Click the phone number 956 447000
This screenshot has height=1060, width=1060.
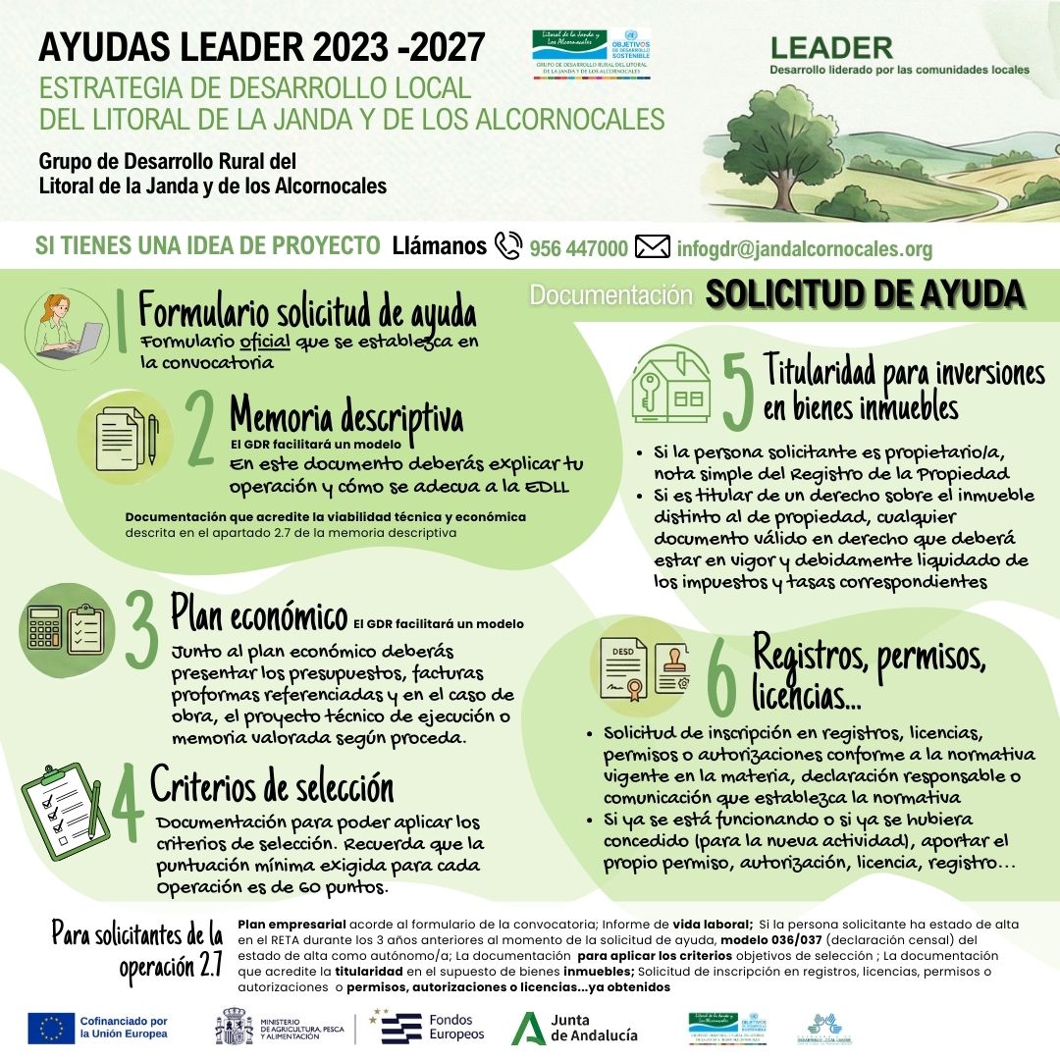pyautogui.click(x=578, y=248)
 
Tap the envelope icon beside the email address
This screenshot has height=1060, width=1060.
pyautogui.click(x=652, y=247)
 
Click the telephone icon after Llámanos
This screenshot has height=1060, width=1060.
pyautogui.click(x=508, y=245)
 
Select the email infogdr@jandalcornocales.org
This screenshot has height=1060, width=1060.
pyautogui.click(x=804, y=248)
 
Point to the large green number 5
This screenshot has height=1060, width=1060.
pyautogui.click(x=737, y=392)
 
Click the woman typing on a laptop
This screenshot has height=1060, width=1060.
pyautogui.click(x=70, y=324)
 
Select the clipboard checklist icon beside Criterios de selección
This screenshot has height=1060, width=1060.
pyautogui.click(x=63, y=805)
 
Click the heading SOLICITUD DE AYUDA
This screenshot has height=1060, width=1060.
pyautogui.click(x=866, y=294)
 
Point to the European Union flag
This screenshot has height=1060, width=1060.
pyautogui.click(x=51, y=1027)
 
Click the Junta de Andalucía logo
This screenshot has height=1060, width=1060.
pyautogui.click(x=575, y=1027)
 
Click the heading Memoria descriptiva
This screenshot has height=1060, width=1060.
pyautogui.click(x=345, y=417)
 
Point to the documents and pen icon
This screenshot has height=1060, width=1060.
pyautogui.click(x=126, y=436)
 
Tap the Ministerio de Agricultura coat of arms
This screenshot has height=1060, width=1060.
pyautogui.click(x=234, y=1027)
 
